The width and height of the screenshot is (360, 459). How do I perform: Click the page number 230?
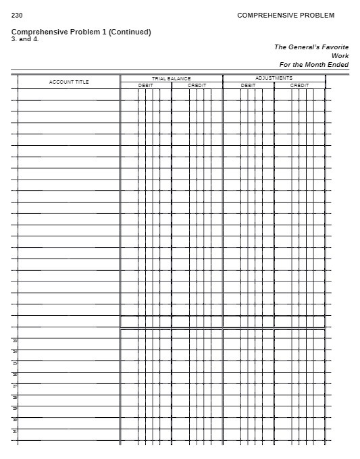coord(17,15)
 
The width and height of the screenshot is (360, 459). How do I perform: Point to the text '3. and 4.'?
coord(25,38)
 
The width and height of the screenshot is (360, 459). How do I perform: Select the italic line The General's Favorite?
coord(311,47)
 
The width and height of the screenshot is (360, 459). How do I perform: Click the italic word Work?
coord(340,55)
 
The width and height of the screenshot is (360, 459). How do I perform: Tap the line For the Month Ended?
coord(313,64)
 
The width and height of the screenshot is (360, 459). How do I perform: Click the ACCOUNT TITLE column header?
coord(69,82)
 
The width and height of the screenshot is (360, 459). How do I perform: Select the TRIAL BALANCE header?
coord(171,78)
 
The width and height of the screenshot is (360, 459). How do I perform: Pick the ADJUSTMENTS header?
coord(274,78)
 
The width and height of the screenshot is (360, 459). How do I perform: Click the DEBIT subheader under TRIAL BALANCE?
coord(145,85)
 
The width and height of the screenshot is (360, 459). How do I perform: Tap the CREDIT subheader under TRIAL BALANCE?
coord(197,85)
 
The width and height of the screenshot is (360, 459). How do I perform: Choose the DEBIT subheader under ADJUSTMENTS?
coord(248,85)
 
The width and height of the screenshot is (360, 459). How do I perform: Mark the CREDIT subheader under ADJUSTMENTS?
coord(299,85)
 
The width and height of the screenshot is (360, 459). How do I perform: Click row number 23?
coord(15,340)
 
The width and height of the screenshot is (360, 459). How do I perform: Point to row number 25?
coord(15,362)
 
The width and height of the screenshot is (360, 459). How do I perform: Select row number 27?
coord(15,385)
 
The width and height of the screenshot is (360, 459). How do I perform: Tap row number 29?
coord(15,408)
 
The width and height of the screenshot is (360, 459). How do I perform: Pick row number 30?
coord(15,419)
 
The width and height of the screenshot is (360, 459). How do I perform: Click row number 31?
coord(15,431)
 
